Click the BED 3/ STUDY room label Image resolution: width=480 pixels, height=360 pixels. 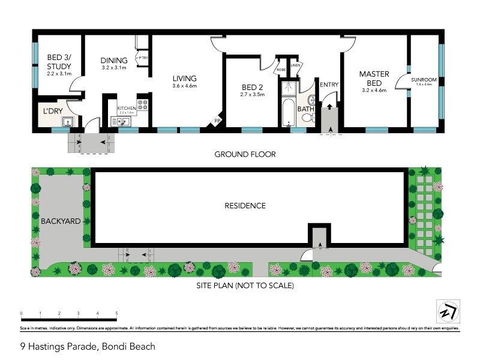(x=59, y=62)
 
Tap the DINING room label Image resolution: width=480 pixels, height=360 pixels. (x=114, y=60)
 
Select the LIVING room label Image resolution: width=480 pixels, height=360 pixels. (x=184, y=79)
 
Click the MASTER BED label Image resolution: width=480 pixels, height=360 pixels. (x=374, y=78)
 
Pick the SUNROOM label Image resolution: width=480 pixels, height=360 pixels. (x=424, y=80)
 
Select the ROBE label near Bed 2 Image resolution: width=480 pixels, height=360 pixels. (x=281, y=70)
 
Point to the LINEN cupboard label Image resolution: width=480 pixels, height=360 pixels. (x=295, y=65)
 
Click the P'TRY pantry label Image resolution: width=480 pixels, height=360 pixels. (x=143, y=58)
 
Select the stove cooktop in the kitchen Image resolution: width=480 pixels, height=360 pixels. (x=143, y=108)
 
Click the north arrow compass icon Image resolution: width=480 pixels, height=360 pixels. (x=446, y=311)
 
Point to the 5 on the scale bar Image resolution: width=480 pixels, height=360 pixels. (x=116, y=313)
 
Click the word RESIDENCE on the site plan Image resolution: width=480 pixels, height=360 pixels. (x=245, y=206)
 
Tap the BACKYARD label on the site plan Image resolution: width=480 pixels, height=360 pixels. (x=61, y=221)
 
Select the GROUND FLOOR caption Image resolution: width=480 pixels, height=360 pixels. (x=245, y=154)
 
